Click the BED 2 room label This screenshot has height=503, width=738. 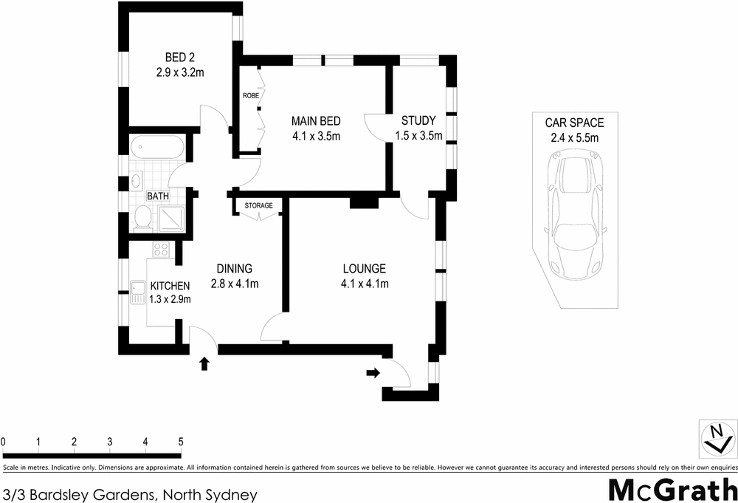pyautogui.click(x=179, y=58)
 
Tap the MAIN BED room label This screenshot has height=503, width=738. pyautogui.click(x=316, y=121)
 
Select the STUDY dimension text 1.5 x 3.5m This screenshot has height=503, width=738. pyautogui.click(x=418, y=135)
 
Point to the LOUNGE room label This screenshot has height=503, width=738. pyautogui.click(x=364, y=269)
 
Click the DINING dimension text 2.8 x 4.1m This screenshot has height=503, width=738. pyautogui.click(x=235, y=283)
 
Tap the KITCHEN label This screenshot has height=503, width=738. pyautogui.click(x=170, y=286)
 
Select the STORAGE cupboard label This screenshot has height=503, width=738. pyautogui.click(x=258, y=205)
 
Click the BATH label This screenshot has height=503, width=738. pyautogui.click(x=157, y=196)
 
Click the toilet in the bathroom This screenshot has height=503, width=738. pyautogui.click(x=143, y=217)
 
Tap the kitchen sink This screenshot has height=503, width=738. pyautogui.click(x=138, y=293)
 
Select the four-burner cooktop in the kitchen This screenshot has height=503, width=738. pyautogui.click(x=161, y=250)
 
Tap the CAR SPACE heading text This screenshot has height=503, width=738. pyautogui.click(x=574, y=123)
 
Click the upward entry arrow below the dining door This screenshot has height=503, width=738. pyautogui.click(x=204, y=363)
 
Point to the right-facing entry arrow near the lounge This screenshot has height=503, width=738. pyautogui.click(x=373, y=373)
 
